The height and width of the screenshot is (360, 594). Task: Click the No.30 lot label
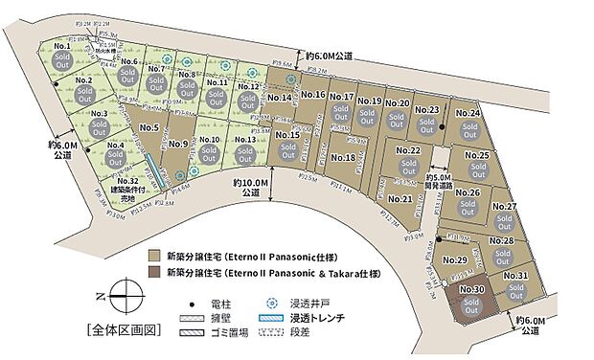tap(469, 289)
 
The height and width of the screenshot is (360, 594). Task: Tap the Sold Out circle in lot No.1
tap(64, 60)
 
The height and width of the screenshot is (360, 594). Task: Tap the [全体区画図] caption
tap(122, 330)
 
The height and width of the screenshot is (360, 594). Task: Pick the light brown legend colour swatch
tap(154, 257)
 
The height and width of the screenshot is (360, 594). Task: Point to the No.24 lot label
tap(468, 113)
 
